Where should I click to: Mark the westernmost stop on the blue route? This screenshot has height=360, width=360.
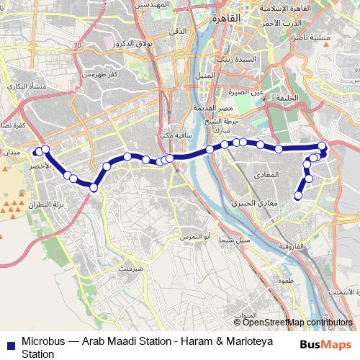coord(37,152)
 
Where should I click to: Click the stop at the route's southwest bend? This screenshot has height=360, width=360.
coord(93,188)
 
